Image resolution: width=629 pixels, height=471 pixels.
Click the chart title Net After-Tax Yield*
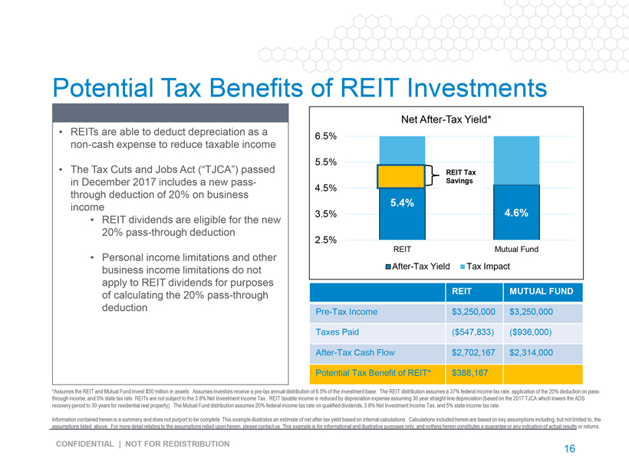pos(446,119)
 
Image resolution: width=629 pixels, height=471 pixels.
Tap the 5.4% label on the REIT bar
pos(402,203)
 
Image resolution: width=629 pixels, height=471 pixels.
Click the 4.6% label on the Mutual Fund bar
pos(515,214)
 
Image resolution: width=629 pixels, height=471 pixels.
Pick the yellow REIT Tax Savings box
pos(401,176)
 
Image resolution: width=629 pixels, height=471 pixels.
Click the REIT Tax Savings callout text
pos(461,176)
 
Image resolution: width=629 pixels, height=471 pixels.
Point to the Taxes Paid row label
pos(338,332)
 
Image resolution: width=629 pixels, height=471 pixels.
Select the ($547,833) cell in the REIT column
pos(474,332)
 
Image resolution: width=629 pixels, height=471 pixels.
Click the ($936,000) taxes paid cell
pos(531,332)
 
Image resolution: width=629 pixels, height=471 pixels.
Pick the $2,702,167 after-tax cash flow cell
pos(476,352)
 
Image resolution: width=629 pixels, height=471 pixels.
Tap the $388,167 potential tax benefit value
pos(469,373)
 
